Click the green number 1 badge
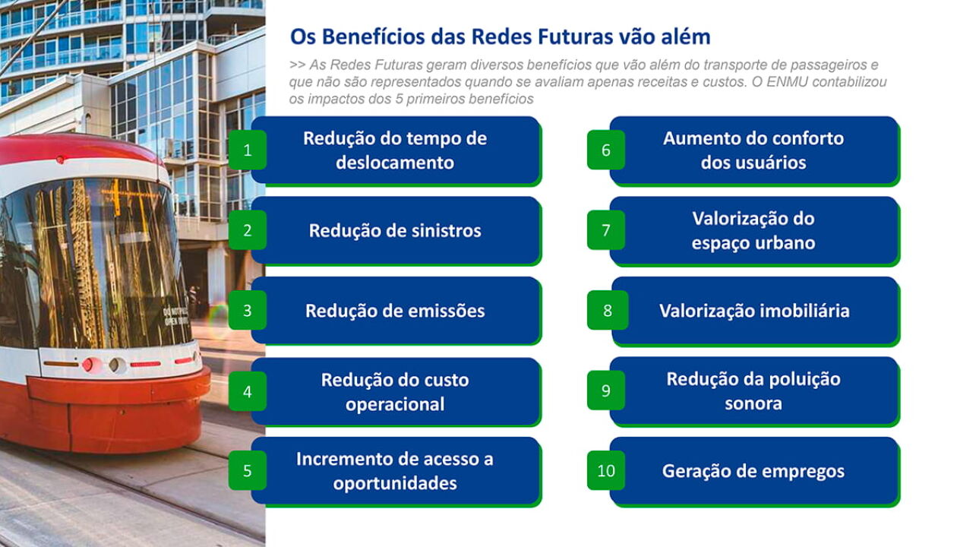tap(248, 150)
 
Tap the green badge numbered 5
tap(248, 470)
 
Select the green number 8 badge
tap(607, 310)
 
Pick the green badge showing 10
tap(606, 470)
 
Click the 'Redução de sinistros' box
tap(396, 231)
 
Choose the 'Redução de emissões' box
tap(396, 311)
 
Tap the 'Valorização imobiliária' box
tap(755, 311)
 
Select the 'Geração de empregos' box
tap(754, 471)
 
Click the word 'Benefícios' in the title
tap(374, 36)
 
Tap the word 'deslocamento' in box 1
tap(395, 163)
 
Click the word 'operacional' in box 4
tap(395, 405)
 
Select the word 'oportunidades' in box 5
tap(395, 484)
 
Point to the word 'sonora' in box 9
tap(753, 403)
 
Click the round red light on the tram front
tap(87, 365)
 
